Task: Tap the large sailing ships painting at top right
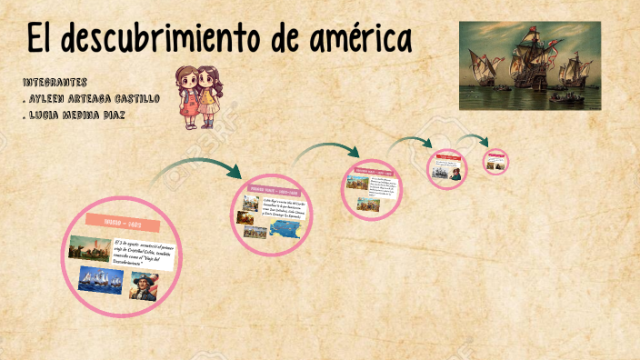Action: point(529,66)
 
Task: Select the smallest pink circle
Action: point(495,162)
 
